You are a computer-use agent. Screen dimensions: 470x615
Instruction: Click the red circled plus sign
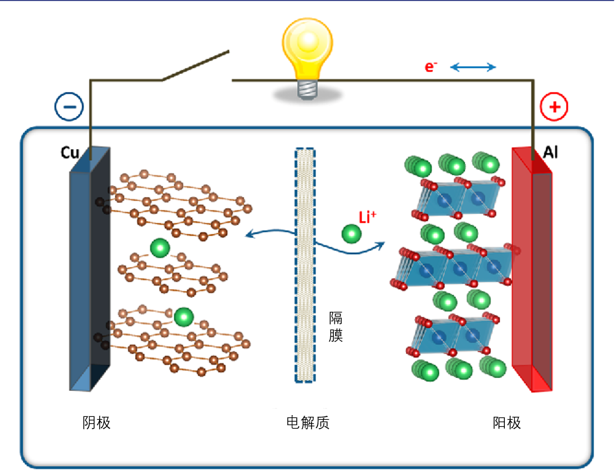pyautogui.click(x=554, y=107)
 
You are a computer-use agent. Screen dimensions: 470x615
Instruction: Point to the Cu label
pyautogui.click(x=70, y=153)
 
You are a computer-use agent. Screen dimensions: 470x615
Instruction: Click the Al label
pyautogui.click(x=550, y=153)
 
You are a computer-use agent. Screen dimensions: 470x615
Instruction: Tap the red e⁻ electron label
pyautogui.click(x=431, y=67)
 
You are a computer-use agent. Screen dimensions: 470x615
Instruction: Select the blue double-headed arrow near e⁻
pyautogui.click(x=473, y=67)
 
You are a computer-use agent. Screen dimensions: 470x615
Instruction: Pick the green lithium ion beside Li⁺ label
pyautogui.click(x=352, y=234)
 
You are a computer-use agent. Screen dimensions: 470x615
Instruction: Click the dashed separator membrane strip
pyautogui.click(x=305, y=265)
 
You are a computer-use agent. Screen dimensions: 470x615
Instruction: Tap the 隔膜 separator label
pyautogui.click(x=336, y=327)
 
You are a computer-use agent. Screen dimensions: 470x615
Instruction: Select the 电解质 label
pyautogui.click(x=307, y=422)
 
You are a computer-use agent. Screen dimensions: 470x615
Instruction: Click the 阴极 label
pyautogui.click(x=97, y=422)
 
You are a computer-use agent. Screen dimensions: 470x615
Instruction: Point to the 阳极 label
pyautogui.click(x=507, y=422)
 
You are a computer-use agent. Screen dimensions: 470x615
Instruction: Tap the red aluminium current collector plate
pyautogui.click(x=532, y=271)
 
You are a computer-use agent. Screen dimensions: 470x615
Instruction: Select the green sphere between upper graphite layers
pyautogui.click(x=160, y=248)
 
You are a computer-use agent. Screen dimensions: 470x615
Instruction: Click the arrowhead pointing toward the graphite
pyautogui.click(x=249, y=235)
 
